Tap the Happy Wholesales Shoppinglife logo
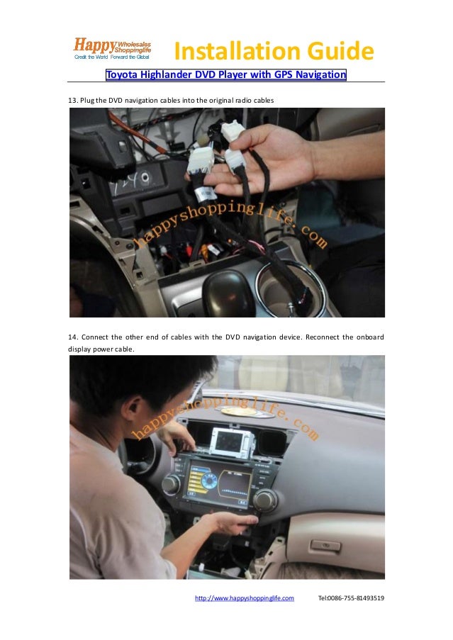(x=113, y=47)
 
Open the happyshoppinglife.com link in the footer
(x=244, y=598)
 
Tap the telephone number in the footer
(x=351, y=598)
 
